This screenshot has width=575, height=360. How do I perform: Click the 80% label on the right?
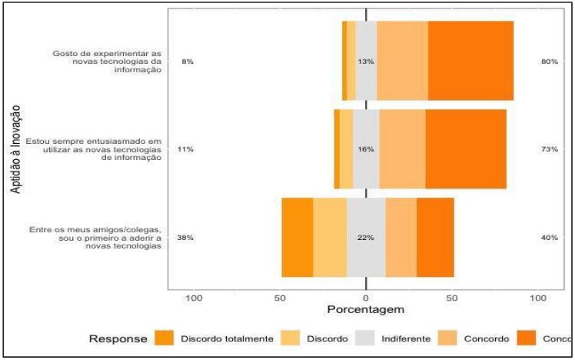pos(548,62)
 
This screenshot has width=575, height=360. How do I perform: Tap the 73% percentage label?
pos(548,149)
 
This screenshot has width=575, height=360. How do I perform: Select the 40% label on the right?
pos(548,238)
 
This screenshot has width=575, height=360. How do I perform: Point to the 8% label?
pos(187,62)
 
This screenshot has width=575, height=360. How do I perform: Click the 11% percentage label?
pos(185,149)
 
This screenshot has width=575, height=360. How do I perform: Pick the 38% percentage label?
pos(185,238)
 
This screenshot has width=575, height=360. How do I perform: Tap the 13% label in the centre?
pos(366,62)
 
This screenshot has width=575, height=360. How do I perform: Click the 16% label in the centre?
pos(366,149)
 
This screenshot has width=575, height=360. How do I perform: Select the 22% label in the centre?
pos(366,238)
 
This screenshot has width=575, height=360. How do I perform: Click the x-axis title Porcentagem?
pos(365,311)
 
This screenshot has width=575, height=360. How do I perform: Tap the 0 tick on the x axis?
pos(366,298)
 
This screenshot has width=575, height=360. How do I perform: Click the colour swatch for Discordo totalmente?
pos(165,338)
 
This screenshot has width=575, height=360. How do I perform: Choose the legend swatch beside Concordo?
pos(448,338)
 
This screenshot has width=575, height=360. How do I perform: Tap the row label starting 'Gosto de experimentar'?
pos(108,62)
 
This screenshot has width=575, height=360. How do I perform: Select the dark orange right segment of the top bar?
pos(470,61)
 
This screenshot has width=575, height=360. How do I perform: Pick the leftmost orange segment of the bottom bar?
pos(297,238)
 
